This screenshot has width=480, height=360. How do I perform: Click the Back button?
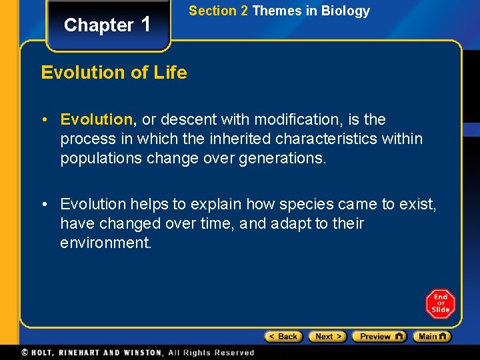pyautogui.click(x=283, y=337)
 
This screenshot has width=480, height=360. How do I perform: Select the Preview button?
pyautogui.click(x=378, y=337)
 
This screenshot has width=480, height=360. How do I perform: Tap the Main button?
pyautogui.click(x=431, y=337)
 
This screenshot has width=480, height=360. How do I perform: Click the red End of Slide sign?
pyautogui.click(x=440, y=304)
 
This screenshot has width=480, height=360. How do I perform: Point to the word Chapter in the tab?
pyautogui.click(x=99, y=25)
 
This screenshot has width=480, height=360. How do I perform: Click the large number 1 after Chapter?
pyautogui.click(x=147, y=24)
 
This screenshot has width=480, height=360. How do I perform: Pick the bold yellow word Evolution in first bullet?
pyautogui.click(x=97, y=119)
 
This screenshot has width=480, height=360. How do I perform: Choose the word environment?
pyautogui.click(x=105, y=243)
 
